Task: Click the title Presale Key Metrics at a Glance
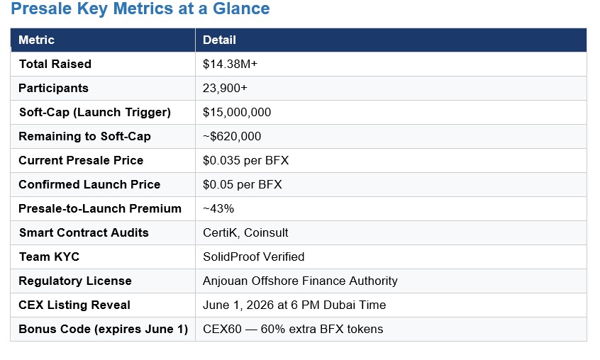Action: [x=140, y=10]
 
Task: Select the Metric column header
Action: [x=36, y=40]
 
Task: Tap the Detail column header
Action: [x=219, y=40]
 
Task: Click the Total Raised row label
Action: [x=55, y=64]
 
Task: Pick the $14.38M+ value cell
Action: [x=230, y=64]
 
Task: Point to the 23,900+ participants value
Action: [x=225, y=88]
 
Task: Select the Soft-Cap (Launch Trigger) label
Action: [x=95, y=112]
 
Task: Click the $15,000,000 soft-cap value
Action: [x=237, y=112]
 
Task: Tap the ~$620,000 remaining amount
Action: [x=232, y=136]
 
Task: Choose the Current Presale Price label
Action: [x=81, y=160]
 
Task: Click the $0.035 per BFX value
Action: [x=245, y=160]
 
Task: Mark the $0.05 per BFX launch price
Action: [x=242, y=184]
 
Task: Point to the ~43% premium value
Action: [x=218, y=208]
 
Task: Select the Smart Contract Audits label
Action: [x=84, y=232]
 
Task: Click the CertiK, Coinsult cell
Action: [x=245, y=232]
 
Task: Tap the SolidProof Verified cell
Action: [x=253, y=257]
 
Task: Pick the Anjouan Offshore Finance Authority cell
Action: [x=300, y=281]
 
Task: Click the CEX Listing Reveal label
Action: [x=74, y=305]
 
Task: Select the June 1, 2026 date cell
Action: [x=294, y=305]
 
